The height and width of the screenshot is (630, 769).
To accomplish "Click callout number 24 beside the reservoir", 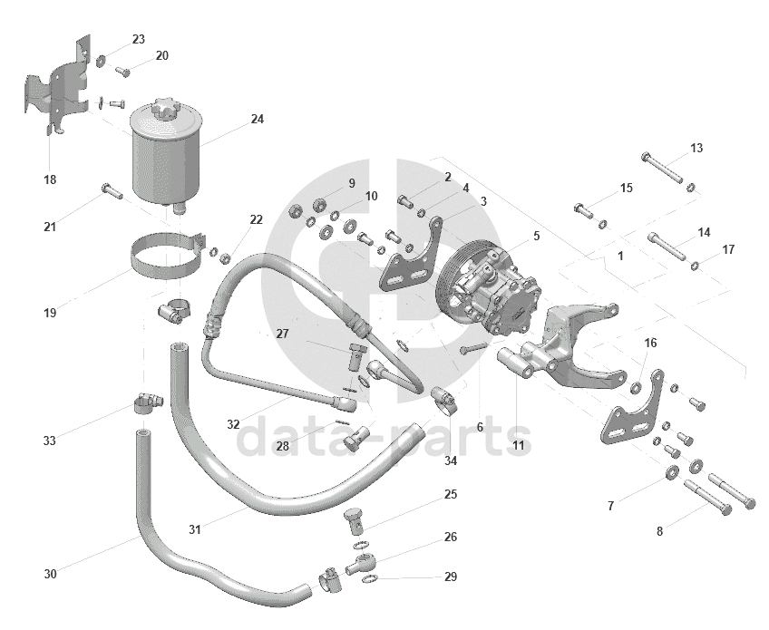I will (258, 119).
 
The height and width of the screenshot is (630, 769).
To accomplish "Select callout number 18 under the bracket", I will (49, 179).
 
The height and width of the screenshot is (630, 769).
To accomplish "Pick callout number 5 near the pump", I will (536, 236).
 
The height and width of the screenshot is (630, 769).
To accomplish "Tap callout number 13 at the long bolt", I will (696, 148).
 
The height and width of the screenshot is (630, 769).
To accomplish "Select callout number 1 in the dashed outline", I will (620, 256).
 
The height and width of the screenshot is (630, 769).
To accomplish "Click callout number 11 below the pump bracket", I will (518, 446).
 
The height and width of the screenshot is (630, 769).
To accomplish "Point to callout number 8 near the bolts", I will (659, 531).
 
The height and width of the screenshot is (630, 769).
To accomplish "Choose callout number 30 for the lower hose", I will (49, 574).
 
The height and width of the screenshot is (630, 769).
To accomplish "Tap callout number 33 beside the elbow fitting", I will (49, 441).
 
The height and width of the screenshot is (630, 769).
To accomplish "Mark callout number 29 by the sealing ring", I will (451, 577).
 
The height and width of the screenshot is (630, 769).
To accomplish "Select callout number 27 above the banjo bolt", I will (282, 333).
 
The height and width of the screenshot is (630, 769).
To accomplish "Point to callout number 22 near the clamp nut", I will (256, 219).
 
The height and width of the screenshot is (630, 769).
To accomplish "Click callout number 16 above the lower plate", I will (650, 343).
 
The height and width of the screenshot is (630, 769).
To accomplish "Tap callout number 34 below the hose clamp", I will (451, 460).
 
